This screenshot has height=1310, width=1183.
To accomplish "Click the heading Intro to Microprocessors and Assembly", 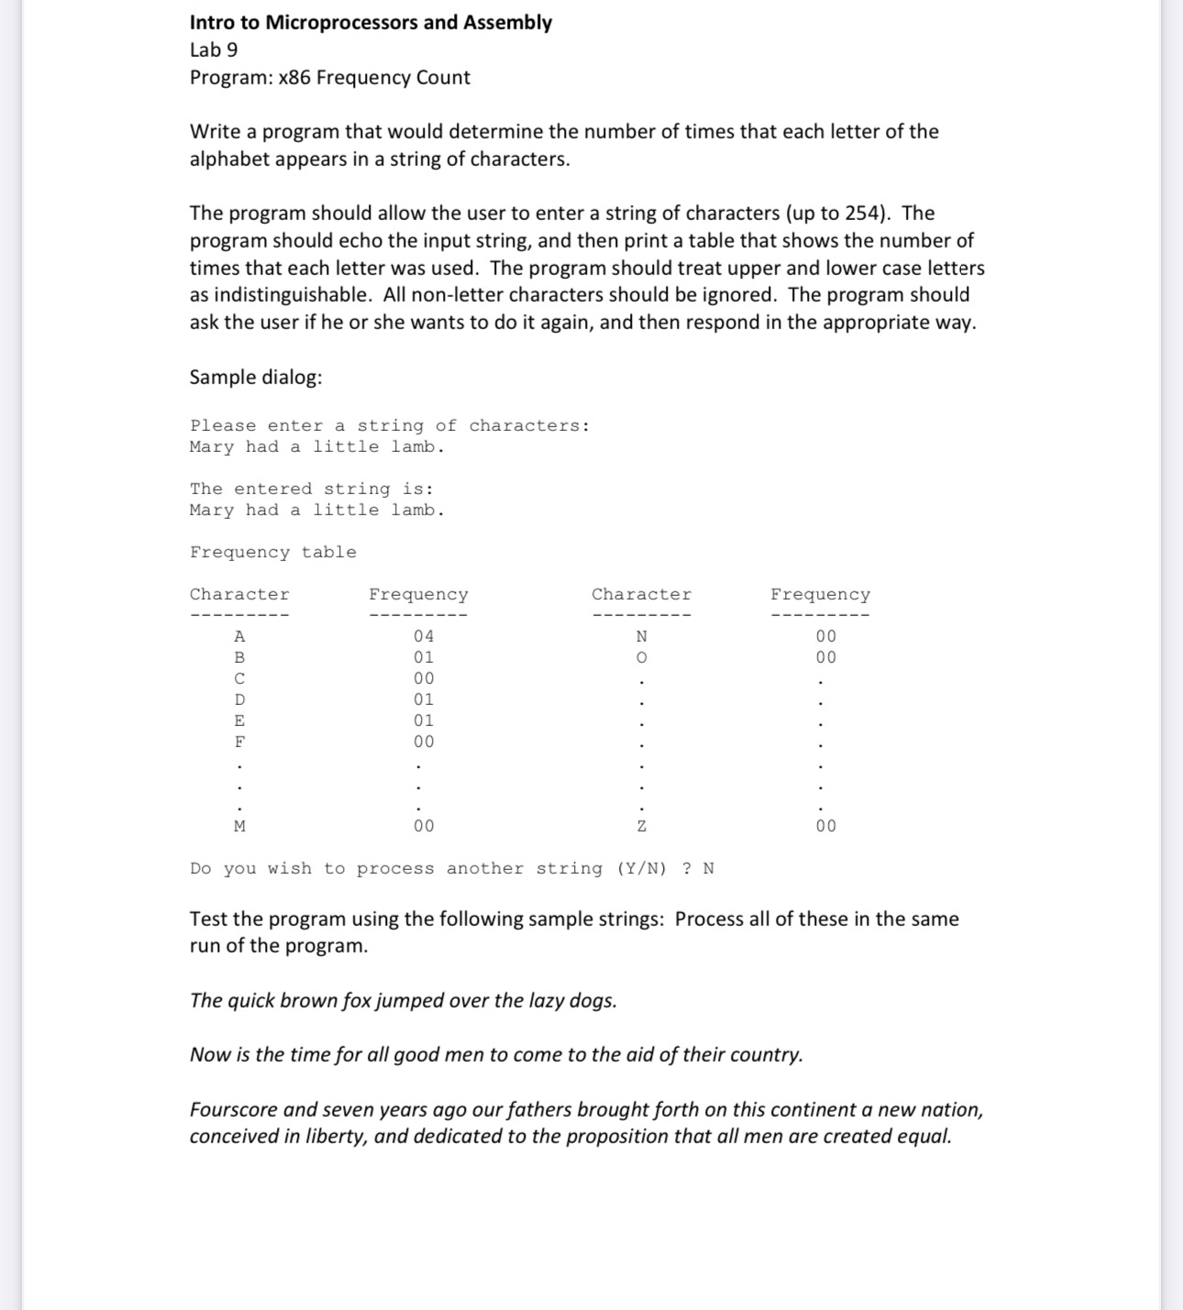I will pos(370,23).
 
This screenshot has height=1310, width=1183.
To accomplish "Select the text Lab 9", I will pos(214,50).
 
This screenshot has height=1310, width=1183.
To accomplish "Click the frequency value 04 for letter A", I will pos(424,636).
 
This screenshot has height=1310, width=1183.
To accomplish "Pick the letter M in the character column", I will pos(239,826).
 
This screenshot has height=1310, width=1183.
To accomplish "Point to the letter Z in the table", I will pos(642,826).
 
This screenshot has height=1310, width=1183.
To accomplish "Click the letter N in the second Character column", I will pos(642,636).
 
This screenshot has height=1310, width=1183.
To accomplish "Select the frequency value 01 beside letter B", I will pos(424,657).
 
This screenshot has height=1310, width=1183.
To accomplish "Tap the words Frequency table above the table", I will pos(273,552).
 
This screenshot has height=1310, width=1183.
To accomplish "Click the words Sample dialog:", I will pos(256,378).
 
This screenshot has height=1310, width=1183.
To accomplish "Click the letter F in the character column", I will pos(239,742).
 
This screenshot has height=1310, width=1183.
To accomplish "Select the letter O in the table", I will pos(642,657).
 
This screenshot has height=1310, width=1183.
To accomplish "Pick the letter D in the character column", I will pos(239,699).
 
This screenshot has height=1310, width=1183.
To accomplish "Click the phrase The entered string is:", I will pos(312,489).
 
